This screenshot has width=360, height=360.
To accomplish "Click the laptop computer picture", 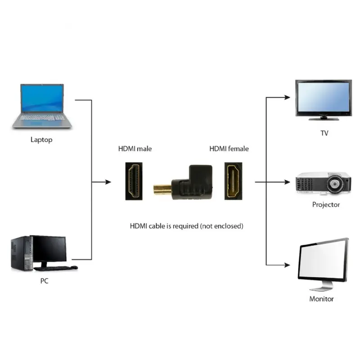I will tap(41, 106).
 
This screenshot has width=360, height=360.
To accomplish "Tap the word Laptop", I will tap(41, 139).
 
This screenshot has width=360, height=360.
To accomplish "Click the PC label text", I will tap(44, 281).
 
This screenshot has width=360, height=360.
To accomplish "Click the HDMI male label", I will tap(135, 148).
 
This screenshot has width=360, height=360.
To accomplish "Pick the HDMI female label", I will tap(229, 148).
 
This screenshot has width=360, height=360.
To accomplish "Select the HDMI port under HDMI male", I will tap(135, 181).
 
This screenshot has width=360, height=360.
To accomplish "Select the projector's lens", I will tap(335, 184).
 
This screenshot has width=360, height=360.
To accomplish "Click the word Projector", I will tap(326, 205).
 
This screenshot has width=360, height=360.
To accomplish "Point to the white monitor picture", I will tap(322, 263).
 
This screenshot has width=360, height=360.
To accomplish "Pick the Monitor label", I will tap(321, 299).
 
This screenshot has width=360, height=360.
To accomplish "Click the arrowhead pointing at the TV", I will tap(288, 97).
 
